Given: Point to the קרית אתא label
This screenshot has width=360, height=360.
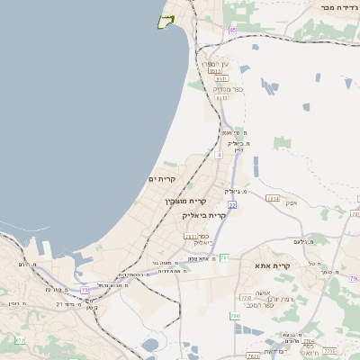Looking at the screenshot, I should (x=274, y=266).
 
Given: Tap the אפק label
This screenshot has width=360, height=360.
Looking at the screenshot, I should (x=292, y=202).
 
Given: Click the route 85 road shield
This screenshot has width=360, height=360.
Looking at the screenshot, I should (x=232, y=31).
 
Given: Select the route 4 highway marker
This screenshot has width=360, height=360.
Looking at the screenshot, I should (x=219, y=155).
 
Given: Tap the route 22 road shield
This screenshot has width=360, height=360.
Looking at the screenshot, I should (x=231, y=206).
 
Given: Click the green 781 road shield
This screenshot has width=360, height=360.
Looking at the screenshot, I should (x=225, y=258).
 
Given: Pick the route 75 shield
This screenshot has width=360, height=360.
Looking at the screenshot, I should (x=85, y=290).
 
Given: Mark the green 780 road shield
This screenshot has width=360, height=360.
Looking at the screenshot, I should (x=235, y=316).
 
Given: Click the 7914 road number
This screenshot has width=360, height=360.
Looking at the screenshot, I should (x=274, y=198).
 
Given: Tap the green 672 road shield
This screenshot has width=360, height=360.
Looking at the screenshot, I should (x=20, y=340).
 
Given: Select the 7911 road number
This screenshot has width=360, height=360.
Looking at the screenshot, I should (x=191, y=237).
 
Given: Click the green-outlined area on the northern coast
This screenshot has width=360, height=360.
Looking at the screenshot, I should (x=166, y=21).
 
